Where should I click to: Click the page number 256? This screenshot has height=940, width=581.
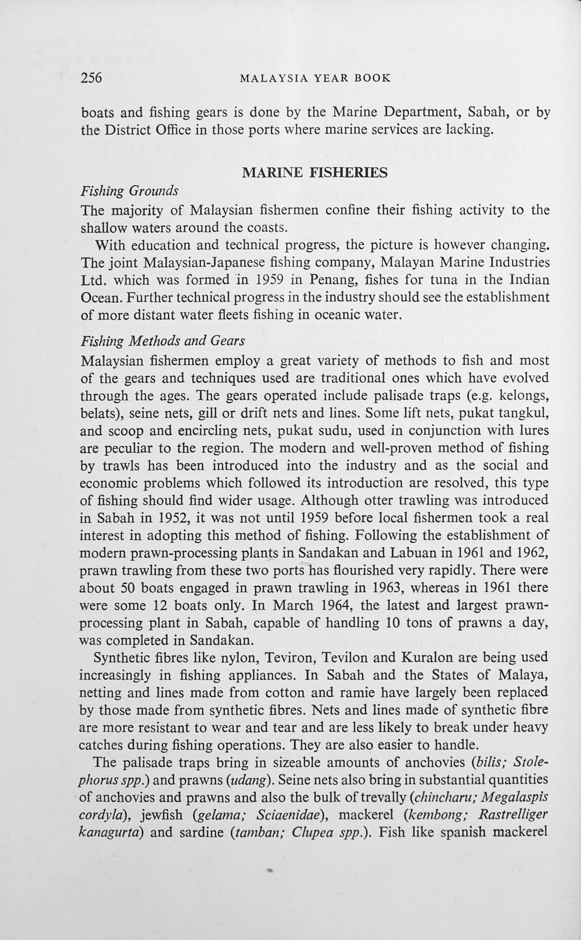coord(91,78)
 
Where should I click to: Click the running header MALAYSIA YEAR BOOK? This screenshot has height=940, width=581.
coord(315,79)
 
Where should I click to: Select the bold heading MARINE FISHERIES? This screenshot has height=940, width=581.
coord(315,173)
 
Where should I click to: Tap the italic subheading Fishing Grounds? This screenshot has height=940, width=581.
coord(129,191)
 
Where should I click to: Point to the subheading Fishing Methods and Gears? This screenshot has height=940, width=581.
coord(163,341)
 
